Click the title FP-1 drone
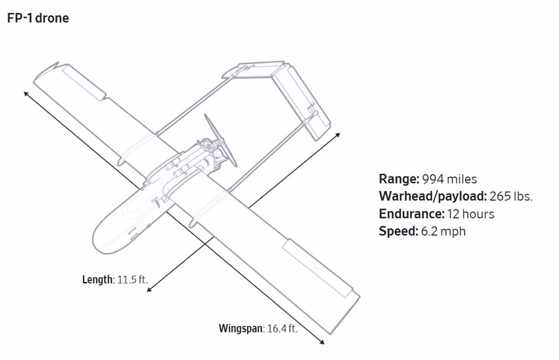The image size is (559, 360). (38, 18)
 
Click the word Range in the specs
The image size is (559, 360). (399, 179)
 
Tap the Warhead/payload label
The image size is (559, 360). (433, 197)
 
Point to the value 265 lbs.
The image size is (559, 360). (511, 197)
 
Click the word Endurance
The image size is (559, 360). (412, 214)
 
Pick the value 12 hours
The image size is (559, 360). (471, 214)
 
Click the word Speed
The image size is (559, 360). (398, 231)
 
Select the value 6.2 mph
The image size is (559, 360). (443, 231)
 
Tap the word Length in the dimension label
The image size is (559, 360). (98, 279)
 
